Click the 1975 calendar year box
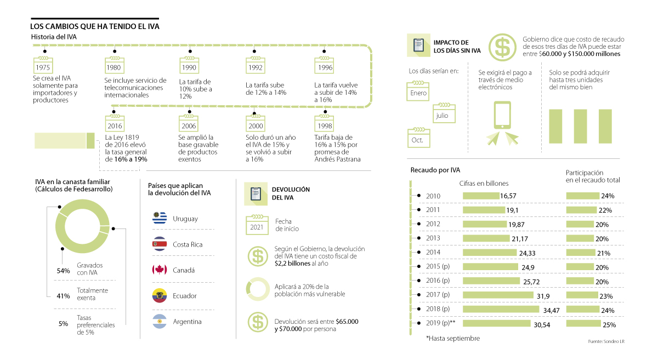tap(43, 66)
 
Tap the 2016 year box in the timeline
tap(115, 124)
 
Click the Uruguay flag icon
tap(160, 219)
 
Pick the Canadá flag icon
tap(160, 270)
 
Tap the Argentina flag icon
tap(160, 322)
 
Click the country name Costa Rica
tap(188, 244)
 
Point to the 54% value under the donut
tap(64, 270)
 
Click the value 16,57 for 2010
tap(508, 196)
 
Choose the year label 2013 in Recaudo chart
tap(433, 238)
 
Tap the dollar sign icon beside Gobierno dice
tap(501, 47)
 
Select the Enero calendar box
tap(418, 92)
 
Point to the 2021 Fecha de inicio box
tap(257, 226)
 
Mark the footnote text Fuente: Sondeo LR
tap(606, 341)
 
